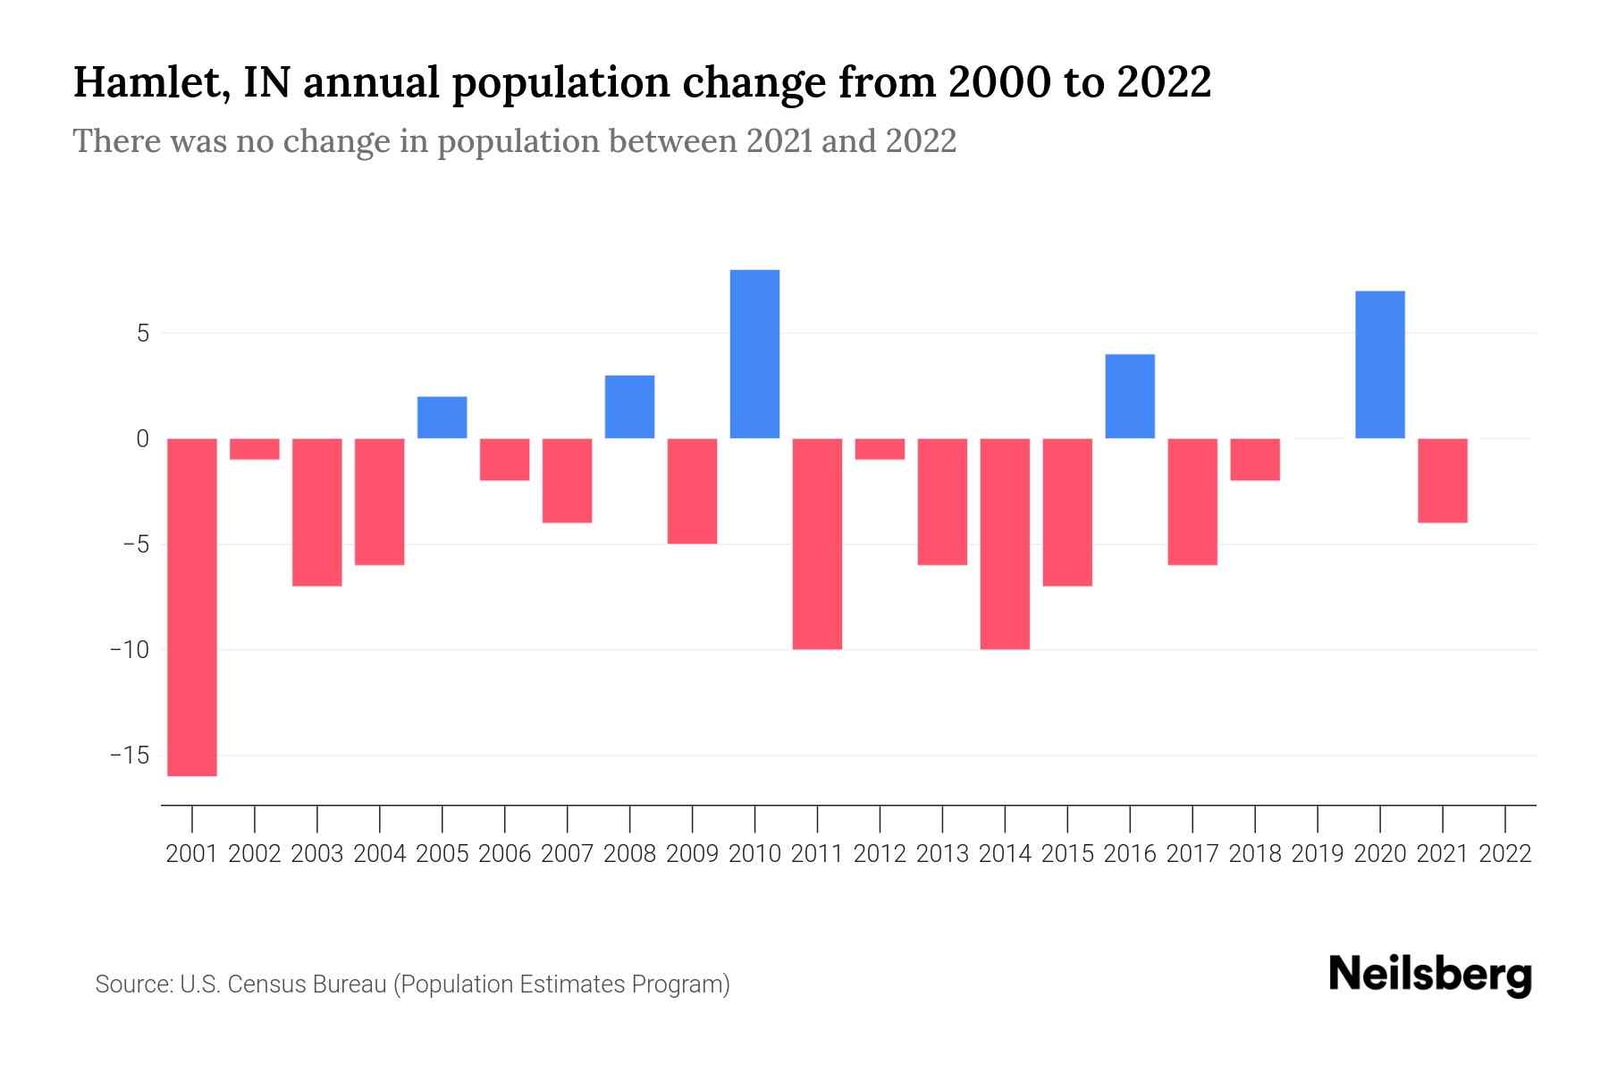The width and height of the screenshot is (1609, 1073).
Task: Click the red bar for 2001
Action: click(192, 607)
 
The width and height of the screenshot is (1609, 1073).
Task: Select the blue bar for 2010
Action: click(754, 354)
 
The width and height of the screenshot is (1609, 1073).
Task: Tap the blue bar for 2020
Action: click(1380, 365)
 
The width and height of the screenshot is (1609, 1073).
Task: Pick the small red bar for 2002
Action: click(255, 449)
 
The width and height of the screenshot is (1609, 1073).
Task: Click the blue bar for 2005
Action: click(442, 418)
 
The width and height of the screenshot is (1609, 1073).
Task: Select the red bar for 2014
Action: click(1005, 544)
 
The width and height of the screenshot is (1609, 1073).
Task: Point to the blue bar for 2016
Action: click(1130, 396)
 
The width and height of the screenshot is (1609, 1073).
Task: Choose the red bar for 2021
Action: click(1442, 480)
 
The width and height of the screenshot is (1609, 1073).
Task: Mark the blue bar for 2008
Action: click(629, 407)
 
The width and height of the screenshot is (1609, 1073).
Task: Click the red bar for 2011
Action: click(817, 544)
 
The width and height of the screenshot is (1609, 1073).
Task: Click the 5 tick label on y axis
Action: click(142, 334)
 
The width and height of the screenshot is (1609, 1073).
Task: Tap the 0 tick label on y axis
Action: click(142, 439)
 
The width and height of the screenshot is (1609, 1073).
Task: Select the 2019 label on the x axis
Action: click(1318, 854)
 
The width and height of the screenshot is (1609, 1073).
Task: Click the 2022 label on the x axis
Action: click(1505, 854)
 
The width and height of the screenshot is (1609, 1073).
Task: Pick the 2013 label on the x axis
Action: click(942, 854)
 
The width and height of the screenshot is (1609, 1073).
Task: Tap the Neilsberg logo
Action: click(1429, 976)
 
